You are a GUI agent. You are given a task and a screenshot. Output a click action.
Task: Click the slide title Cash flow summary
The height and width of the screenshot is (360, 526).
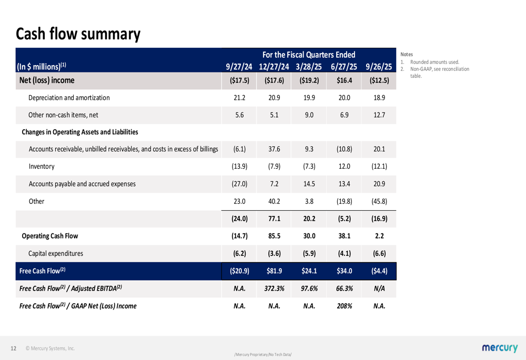click(78, 34)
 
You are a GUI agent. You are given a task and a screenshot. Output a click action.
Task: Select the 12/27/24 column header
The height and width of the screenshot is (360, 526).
click(274, 67)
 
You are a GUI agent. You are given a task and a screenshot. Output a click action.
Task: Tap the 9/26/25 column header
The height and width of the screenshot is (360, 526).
click(379, 67)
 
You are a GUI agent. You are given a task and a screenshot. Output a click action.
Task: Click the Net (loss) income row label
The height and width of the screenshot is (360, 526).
click(47, 80)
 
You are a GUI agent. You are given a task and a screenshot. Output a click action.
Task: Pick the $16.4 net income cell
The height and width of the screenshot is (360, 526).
click(344, 81)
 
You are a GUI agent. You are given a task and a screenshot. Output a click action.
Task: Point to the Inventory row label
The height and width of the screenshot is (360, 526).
click(42, 167)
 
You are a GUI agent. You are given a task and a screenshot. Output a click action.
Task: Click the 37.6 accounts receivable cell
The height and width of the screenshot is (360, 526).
click(274, 149)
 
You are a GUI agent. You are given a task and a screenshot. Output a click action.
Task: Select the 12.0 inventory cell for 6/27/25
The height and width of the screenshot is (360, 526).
click(344, 167)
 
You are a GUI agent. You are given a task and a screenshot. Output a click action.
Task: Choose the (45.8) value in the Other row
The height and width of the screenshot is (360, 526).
click(379, 201)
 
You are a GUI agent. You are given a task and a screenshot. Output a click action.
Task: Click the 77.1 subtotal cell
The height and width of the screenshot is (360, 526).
click(274, 219)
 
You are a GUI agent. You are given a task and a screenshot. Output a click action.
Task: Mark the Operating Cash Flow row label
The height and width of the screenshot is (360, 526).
click(50, 236)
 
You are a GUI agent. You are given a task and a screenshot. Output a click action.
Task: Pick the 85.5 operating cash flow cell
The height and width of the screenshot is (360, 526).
click(274, 236)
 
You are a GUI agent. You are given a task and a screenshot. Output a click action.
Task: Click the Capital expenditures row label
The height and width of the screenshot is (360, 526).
click(56, 253)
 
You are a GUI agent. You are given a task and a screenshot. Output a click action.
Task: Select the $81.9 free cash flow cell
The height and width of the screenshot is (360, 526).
click(274, 271)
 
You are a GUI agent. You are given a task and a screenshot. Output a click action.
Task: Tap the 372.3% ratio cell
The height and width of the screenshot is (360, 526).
click(274, 289)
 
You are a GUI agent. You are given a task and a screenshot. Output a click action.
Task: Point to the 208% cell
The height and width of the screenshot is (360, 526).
click(344, 306)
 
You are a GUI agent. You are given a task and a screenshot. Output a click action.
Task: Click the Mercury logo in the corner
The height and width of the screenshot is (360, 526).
click(499, 348)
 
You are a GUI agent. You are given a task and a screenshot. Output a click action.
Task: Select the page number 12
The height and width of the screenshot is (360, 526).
click(14, 348)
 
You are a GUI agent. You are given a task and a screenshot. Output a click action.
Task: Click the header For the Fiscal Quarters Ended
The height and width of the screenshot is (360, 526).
click(309, 55)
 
